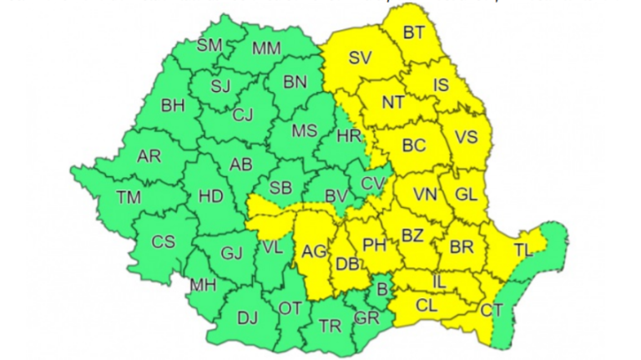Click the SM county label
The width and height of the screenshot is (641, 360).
point(209,46)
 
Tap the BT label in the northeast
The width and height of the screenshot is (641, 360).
point(414,33)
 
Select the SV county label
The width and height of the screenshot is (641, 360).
point(360,58)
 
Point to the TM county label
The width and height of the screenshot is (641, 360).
point(129,197)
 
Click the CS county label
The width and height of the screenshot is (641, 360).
point(163,242)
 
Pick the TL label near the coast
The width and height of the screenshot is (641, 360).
point(523,250)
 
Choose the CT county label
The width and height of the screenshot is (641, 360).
point(492,311)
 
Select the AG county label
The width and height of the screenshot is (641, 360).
point(315,251)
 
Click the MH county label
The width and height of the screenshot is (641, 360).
point(203,285)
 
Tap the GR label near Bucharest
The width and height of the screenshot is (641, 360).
point(366,318)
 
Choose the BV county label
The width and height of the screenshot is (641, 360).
point(336,196)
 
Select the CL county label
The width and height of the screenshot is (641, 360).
point(426,307)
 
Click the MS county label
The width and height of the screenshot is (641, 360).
point(304,130)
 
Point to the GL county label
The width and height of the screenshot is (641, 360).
point(466,195)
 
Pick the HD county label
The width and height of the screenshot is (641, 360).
point(210,196)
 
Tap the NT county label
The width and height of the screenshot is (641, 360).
point(392,102)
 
